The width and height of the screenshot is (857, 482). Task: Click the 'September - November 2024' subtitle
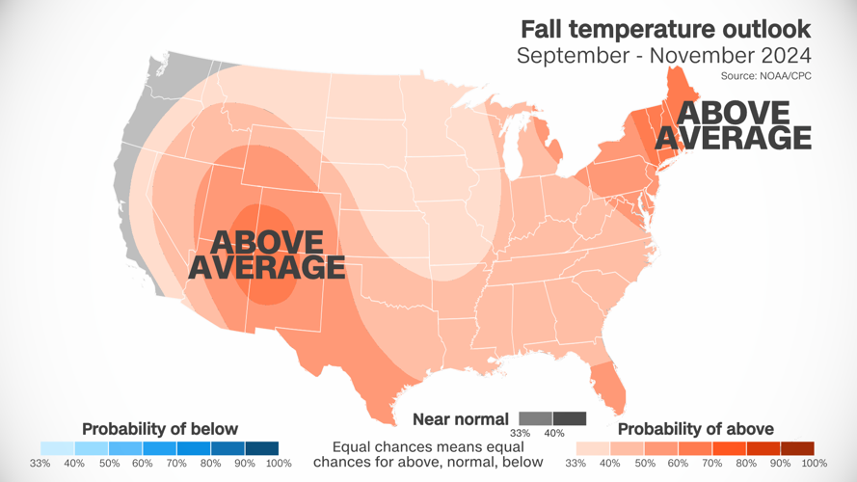point(664,55)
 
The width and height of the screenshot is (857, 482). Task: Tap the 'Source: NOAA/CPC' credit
point(765,75)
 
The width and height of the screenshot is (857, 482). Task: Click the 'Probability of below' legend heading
point(159,428)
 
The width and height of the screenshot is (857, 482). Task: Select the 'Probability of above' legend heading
point(695,428)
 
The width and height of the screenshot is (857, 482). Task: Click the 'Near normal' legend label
point(461,418)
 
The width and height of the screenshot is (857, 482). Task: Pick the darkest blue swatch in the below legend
point(261,448)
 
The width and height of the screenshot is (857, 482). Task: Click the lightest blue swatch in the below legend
point(57,448)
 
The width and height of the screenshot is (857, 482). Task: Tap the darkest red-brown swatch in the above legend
point(797,448)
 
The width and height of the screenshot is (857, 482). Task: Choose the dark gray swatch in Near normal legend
point(570,418)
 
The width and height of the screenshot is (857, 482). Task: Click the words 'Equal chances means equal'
point(428,447)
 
